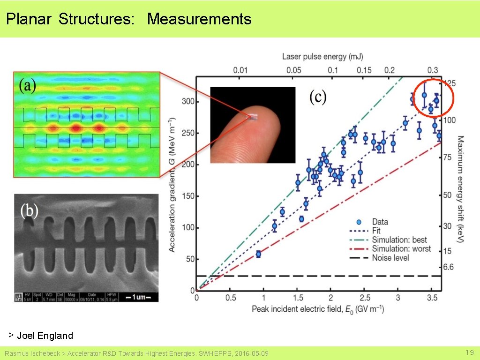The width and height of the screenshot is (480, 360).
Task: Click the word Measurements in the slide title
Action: [199, 19]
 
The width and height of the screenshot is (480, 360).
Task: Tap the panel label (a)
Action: [27, 86]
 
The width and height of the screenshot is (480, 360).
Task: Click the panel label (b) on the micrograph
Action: [29, 210]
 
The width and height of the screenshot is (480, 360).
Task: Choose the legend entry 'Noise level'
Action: [390, 258]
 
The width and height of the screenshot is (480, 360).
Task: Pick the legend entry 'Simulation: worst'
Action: [401, 248]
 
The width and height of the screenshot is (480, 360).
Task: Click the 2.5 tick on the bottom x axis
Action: [365, 298]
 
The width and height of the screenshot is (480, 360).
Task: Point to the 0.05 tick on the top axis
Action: [293, 70]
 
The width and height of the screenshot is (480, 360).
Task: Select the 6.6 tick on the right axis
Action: [449, 267]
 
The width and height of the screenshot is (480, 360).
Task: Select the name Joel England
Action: [45, 335]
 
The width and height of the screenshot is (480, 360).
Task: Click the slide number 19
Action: [469, 352]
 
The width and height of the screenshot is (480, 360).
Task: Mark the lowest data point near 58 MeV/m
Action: [258, 254]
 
